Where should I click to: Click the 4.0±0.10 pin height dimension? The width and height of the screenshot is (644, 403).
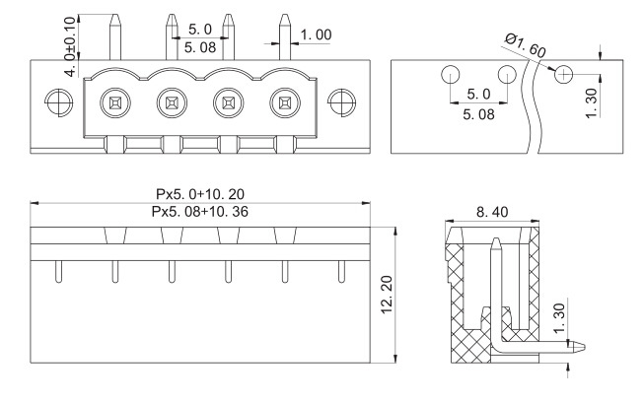71,46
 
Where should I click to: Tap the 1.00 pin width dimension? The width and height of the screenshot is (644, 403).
316,34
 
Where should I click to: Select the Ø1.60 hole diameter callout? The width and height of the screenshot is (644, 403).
526,45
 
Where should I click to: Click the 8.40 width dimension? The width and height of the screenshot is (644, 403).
492,212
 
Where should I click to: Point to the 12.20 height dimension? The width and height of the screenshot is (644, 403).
387,295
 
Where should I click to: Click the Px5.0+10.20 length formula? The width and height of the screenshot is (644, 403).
200,194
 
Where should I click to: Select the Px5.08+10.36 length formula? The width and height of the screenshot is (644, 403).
200,211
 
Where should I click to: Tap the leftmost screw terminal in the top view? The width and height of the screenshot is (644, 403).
115,102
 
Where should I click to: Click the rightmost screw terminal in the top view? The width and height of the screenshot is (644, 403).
285,102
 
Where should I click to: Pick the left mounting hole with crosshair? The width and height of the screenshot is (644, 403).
59,102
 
